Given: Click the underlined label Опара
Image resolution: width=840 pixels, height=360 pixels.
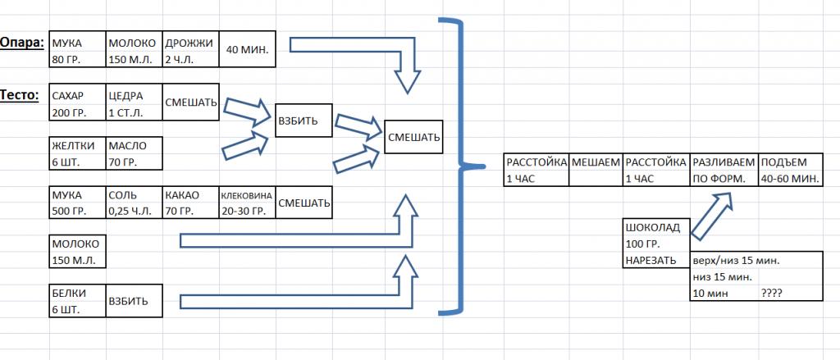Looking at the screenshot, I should [22, 42].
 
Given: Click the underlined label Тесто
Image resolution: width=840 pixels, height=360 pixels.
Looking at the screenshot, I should [20, 95].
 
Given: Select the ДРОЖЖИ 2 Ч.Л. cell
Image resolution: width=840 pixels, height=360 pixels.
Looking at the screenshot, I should [189, 50].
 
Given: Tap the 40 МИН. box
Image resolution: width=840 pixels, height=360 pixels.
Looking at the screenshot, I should [247, 50].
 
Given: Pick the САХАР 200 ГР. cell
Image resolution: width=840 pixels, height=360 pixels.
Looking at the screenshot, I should [78, 103].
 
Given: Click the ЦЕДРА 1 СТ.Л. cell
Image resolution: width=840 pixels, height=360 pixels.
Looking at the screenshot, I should [134, 103].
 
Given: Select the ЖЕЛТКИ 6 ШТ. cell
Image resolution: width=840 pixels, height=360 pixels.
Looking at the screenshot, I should [78, 153].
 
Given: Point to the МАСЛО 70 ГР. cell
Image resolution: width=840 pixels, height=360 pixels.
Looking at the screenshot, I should [134, 153].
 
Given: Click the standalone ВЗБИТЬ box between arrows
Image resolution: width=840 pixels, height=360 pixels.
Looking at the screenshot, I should [303, 121].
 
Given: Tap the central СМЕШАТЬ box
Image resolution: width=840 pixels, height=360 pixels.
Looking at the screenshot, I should [413, 137].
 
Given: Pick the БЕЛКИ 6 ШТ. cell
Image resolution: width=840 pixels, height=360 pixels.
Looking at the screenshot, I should [78, 300].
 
